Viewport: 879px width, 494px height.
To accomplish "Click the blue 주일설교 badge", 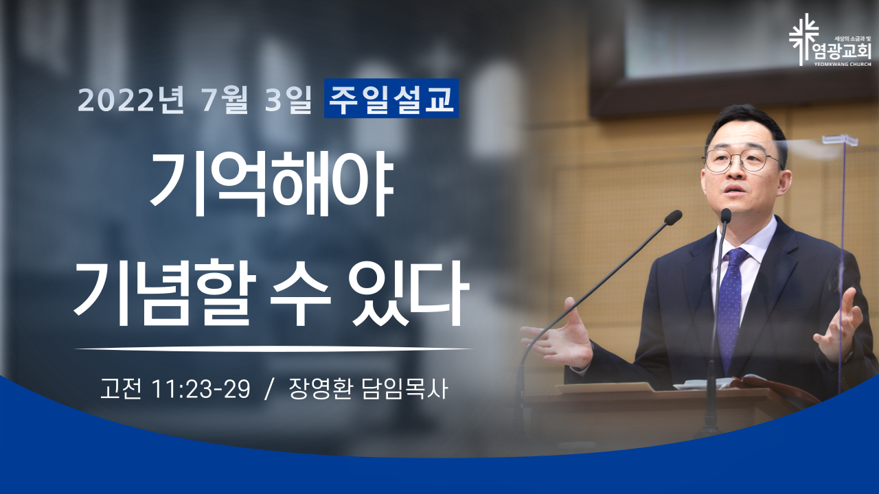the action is (391, 98).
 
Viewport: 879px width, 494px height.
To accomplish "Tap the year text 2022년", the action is (130, 99).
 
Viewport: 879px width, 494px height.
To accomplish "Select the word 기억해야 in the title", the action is (272, 184).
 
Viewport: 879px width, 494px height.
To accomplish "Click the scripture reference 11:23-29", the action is (201, 389).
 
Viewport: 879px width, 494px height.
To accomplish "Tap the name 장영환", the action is (320, 389).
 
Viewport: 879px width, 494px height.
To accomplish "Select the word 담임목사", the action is (404, 389).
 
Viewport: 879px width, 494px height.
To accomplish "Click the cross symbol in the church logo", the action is (804, 39).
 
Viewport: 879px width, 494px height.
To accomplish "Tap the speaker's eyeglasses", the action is (742, 160).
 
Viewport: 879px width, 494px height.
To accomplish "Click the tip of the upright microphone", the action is (726, 215).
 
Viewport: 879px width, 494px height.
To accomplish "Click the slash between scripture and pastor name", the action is (269, 390).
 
